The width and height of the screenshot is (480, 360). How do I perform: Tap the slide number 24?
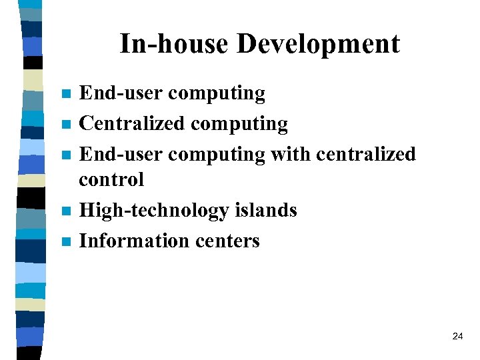click(457, 337)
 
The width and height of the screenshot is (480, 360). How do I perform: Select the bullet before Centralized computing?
click(65, 125)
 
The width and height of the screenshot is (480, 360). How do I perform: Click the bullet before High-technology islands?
click(65, 211)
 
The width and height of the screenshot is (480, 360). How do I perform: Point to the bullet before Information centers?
click(65, 241)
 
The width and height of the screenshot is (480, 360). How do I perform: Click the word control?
click(111, 179)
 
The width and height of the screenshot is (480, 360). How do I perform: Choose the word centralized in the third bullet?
click(365, 154)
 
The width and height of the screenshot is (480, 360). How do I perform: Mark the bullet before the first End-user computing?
click(65, 94)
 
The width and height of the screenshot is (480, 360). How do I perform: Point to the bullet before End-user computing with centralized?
click(65, 155)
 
